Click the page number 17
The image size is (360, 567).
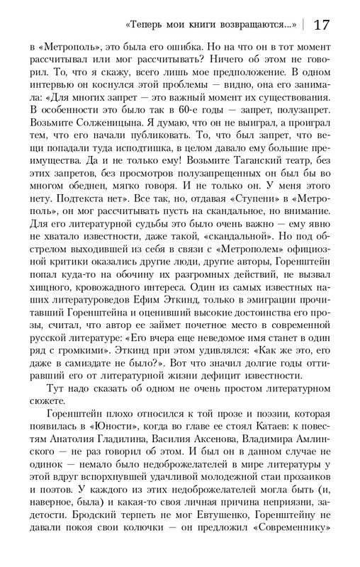pyautogui.click(x=320, y=25)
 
